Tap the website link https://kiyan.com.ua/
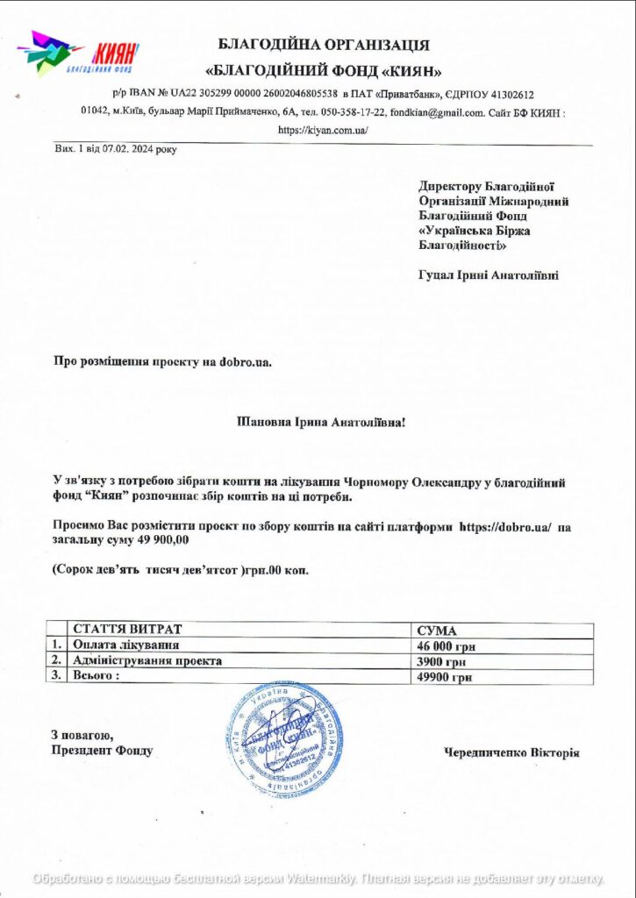(x=323, y=130)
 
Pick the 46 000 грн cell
(x=447, y=646)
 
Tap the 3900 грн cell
(x=441, y=661)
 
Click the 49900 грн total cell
(x=445, y=677)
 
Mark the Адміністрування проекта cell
(x=147, y=661)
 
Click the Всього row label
(x=96, y=677)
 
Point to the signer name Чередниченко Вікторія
(x=511, y=752)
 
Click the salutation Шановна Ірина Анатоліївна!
(x=322, y=423)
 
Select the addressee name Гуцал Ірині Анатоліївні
(x=489, y=275)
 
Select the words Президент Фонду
(x=102, y=751)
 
